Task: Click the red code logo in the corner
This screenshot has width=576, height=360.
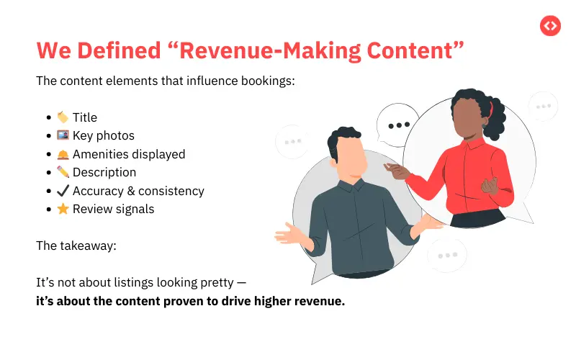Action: click(550, 26)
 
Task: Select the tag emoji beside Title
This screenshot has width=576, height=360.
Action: click(63, 117)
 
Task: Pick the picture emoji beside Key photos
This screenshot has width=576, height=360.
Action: click(63, 135)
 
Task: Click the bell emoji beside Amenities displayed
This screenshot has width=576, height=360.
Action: click(63, 154)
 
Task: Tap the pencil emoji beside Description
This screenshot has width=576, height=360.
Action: click(63, 173)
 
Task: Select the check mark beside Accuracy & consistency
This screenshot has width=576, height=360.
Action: click(63, 192)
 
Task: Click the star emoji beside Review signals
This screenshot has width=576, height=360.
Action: click(63, 210)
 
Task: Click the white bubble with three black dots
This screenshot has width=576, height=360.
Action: click(398, 125)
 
